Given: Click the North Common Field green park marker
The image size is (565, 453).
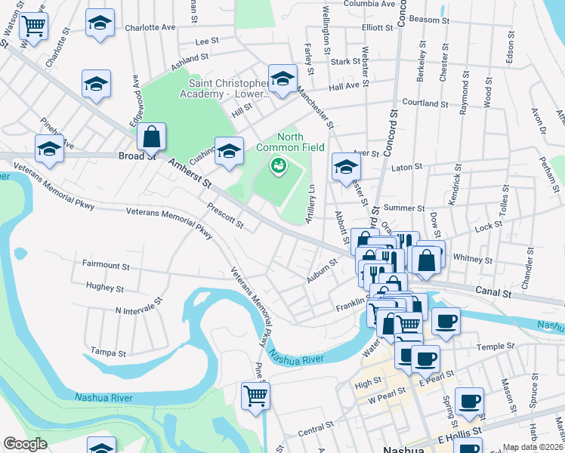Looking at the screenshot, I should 278,165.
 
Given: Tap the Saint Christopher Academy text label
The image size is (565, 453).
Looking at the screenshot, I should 224,88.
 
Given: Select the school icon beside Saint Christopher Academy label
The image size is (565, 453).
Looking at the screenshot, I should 282,79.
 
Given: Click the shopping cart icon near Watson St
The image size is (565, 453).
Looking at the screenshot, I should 34,26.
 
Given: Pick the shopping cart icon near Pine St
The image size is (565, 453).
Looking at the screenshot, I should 255,395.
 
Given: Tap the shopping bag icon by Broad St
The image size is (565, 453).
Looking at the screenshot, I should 152,137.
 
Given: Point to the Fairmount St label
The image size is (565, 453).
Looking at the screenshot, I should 105,267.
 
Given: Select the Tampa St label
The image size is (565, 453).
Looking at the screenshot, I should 107,352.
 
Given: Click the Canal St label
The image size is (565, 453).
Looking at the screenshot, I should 494,291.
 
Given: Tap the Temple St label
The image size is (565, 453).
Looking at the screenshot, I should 495,347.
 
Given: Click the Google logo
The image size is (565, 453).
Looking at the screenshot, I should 25,444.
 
